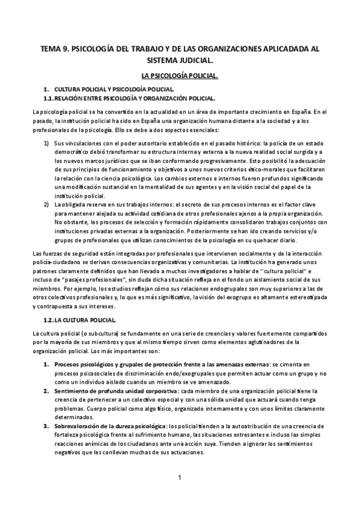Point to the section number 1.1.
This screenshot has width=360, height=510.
click(49, 98)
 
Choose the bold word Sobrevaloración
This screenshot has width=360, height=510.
click(82, 426)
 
